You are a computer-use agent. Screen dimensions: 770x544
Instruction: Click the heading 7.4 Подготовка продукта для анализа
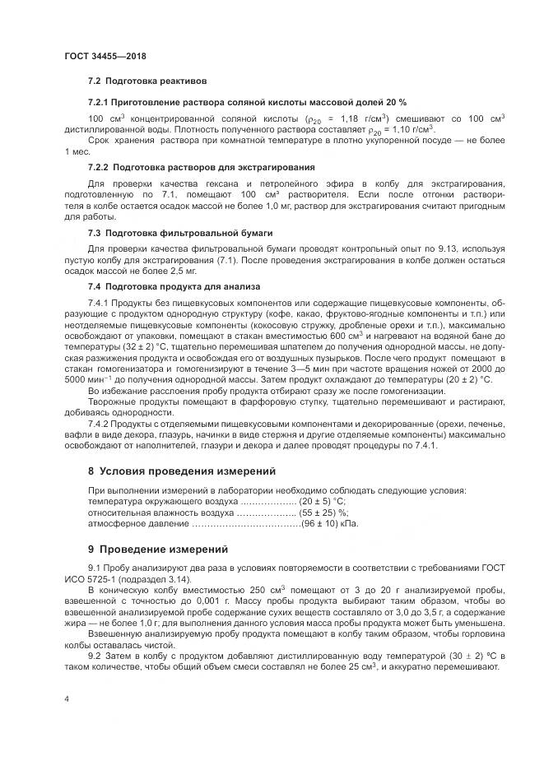point(174,286)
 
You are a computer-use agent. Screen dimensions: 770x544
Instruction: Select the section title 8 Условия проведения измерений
point(182,471)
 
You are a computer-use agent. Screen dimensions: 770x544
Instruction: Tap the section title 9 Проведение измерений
point(157,549)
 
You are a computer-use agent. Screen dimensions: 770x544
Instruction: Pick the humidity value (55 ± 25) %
point(326,512)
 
